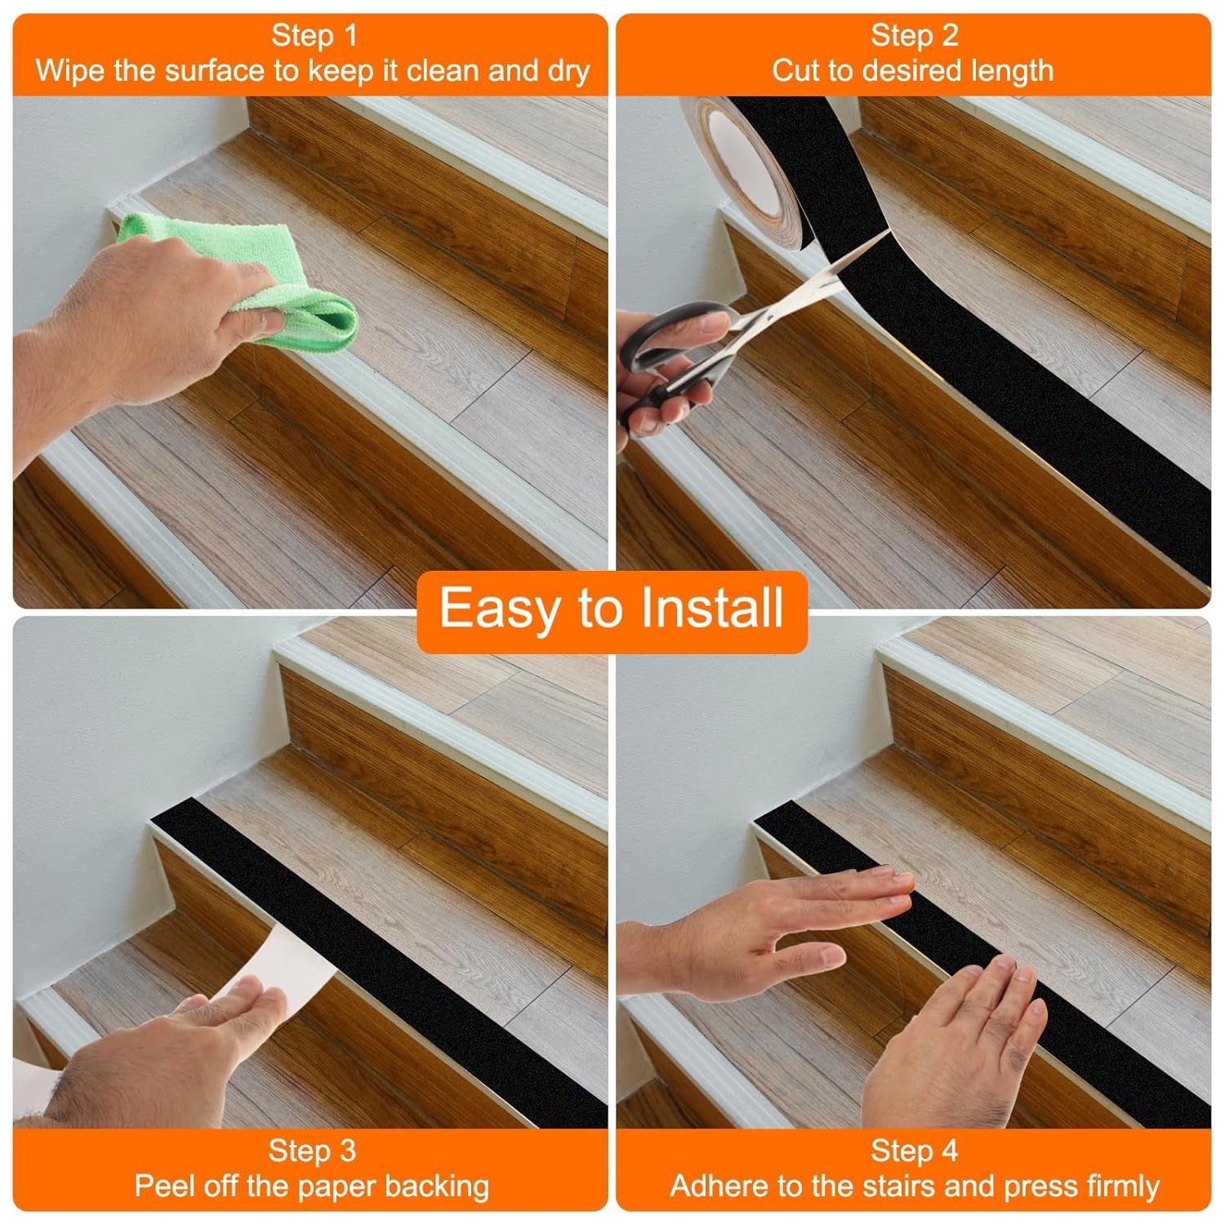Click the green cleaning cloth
[x=245, y=269]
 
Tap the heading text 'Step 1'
[x=314, y=36]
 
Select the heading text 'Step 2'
[x=913, y=36]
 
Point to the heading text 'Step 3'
[x=312, y=1151]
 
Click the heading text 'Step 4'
[x=913, y=1151]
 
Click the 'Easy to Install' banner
[x=612, y=609]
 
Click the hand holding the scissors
[x=661, y=367]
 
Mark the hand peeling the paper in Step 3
[x=163, y=1062]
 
